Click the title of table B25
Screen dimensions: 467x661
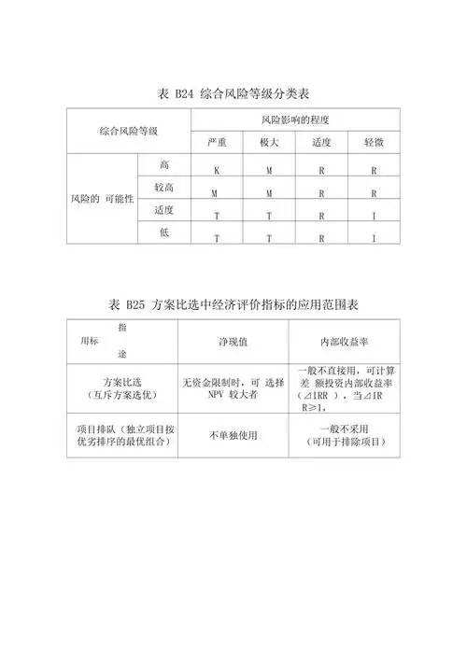click(234, 304)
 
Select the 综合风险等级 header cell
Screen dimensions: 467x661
click(129, 131)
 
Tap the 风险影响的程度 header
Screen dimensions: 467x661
click(295, 120)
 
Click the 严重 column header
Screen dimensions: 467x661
click(217, 142)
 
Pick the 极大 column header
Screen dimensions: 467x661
click(269, 142)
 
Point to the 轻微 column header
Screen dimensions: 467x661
click(374, 142)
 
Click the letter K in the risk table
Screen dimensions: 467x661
click(217, 171)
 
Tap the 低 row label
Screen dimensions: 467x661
click(164, 231)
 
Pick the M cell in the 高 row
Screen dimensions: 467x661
click(269, 171)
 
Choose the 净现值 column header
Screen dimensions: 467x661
click(233, 341)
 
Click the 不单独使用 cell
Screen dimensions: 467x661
click(233, 435)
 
